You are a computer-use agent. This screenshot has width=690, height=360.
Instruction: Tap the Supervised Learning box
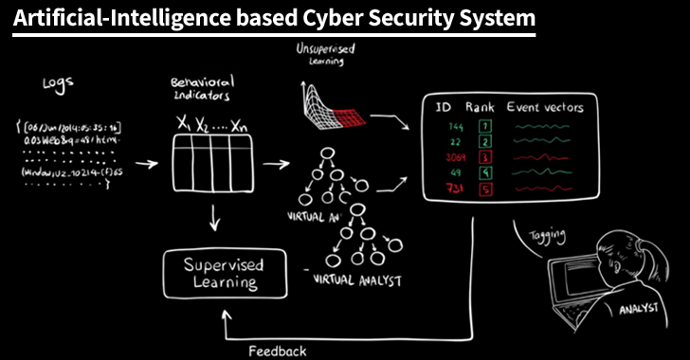click(224, 272)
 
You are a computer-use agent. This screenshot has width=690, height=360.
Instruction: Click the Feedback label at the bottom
click(277, 351)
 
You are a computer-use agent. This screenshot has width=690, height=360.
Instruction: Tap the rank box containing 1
click(483, 125)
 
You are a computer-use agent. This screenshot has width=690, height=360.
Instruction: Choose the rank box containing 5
click(483, 189)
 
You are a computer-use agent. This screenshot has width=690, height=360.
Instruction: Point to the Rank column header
click(481, 107)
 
